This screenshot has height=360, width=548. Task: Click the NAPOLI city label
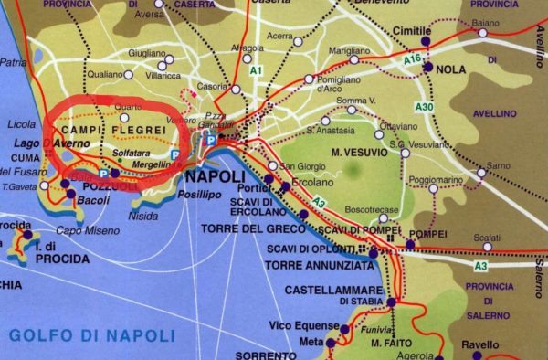pos(214,176)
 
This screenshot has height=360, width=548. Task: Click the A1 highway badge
pos(256,69)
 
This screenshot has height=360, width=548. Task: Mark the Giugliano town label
pos(149,54)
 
